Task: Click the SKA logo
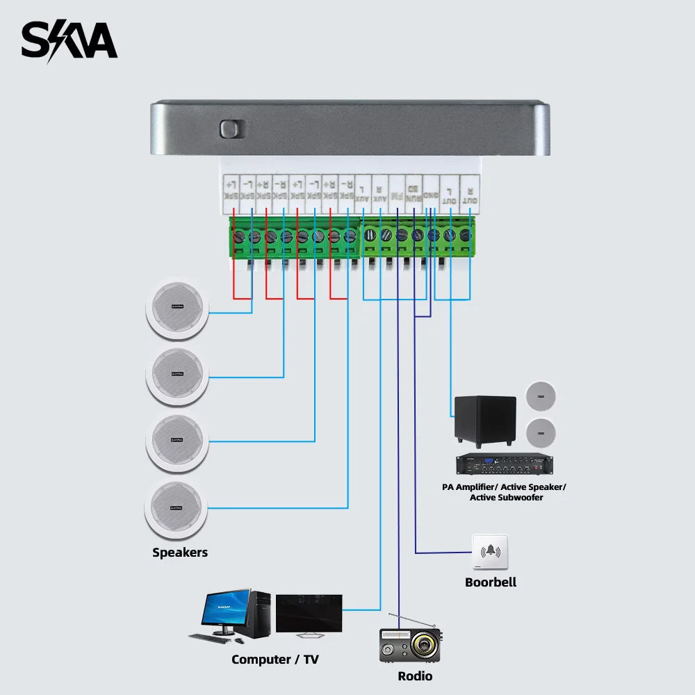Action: (x=69, y=42)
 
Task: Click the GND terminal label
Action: (x=431, y=192)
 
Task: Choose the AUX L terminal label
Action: (x=363, y=192)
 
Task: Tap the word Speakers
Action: (x=180, y=553)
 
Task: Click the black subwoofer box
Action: (x=485, y=421)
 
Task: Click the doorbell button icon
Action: (x=490, y=553)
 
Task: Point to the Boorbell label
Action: (x=491, y=582)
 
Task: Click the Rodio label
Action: (x=415, y=676)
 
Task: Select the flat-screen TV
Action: (x=309, y=614)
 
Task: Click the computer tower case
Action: (x=259, y=615)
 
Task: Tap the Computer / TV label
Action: (x=275, y=660)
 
